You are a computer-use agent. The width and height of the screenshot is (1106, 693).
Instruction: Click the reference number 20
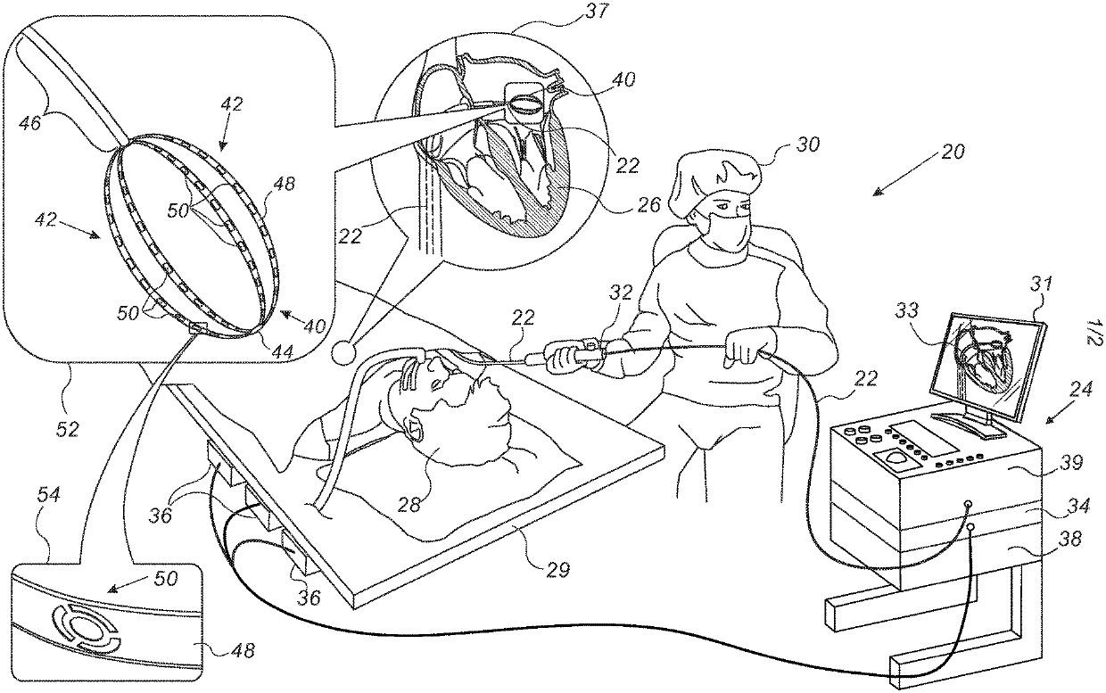click(x=952, y=153)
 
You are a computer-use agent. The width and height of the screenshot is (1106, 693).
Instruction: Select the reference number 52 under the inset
click(x=66, y=428)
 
